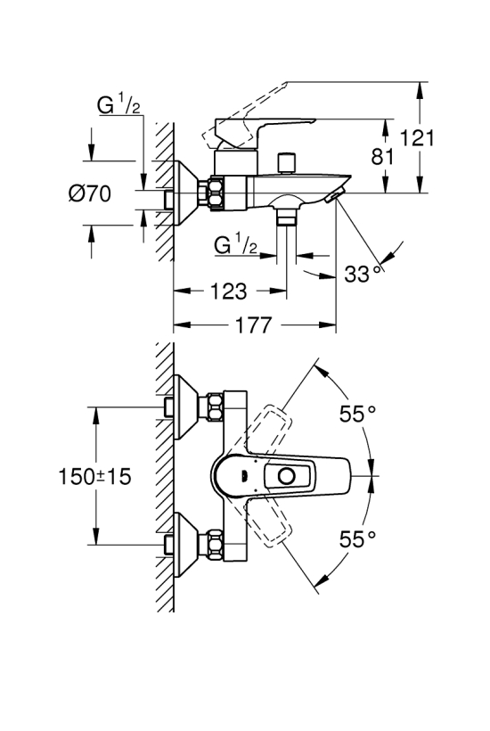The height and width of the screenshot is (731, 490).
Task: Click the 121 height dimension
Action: [x=417, y=138]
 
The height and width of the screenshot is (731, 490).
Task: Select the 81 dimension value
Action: [x=382, y=157]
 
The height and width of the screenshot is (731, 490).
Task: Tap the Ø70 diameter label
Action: [x=90, y=193]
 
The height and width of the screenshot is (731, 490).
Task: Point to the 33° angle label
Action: [x=363, y=274]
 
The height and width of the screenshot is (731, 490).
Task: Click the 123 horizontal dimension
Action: [x=229, y=292]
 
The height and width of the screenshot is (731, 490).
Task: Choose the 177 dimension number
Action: [x=253, y=325]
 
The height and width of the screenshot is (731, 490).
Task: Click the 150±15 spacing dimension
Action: [x=94, y=476]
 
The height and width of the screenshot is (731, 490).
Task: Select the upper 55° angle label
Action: [x=357, y=414]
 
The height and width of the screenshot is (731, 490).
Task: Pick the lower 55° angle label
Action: [x=357, y=539]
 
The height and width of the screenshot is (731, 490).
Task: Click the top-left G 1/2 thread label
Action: [x=118, y=104]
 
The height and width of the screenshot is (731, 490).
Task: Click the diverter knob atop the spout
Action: [x=287, y=163]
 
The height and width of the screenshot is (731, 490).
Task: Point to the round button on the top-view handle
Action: [x=285, y=476]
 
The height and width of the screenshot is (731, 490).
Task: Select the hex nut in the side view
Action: [x=216, y=193]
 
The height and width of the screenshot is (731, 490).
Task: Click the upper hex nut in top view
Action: [x=215, y=407]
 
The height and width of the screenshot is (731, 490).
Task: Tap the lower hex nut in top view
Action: [x=215, y=544]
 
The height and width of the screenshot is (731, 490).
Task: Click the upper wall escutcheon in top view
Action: [x=186, y=407]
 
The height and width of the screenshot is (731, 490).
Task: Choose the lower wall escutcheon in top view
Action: [x=186, y=544]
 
